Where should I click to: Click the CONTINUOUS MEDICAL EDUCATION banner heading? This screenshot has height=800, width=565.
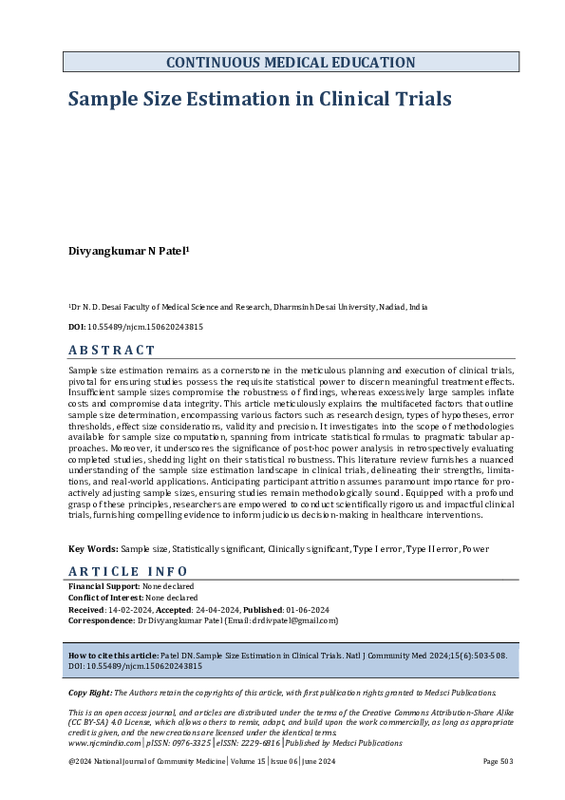pyautogui.click(x=291, y=63)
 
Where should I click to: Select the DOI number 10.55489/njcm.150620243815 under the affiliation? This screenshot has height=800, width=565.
pyautogui.click(x=144, y=327)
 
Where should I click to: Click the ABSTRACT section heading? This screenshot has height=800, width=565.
pyautogui.click(x=112, y=351)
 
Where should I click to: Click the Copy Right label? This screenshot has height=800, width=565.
pyautogui.click(x=90, y=694)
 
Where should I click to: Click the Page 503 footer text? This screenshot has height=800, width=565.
pyautogui.click(x=498, y=762)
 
